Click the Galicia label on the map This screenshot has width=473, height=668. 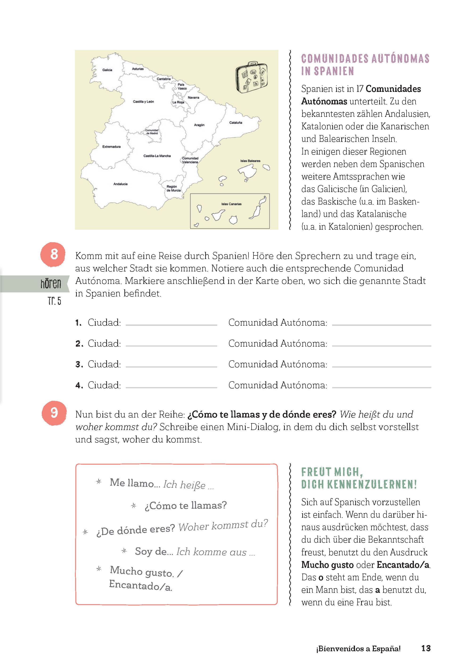(x=107, y=70)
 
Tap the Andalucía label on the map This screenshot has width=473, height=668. (x=120, y=184)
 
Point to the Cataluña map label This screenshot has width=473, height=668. (x=236, y=123)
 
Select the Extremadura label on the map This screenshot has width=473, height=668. (x=111, y=147)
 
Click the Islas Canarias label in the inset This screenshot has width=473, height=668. (x=231, y=204)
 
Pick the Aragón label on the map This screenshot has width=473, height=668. (x=199, y=125)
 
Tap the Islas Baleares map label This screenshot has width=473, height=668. (x=250, y=161)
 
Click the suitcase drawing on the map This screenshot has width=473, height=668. (x=251, y=77)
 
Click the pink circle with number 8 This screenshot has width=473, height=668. (x=54, y=254)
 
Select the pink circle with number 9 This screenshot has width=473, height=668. (x=54, y=413)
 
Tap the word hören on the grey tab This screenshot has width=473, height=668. (x=51, y=283)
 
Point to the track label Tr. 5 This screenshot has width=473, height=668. (x=54, y=301)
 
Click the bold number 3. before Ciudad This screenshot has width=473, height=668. (x=79, y=365)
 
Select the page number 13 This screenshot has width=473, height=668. (x=426, y=648)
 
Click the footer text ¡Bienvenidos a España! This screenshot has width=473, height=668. (x=358, y=649)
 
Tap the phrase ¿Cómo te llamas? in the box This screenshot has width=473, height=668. (x=186, y=505)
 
